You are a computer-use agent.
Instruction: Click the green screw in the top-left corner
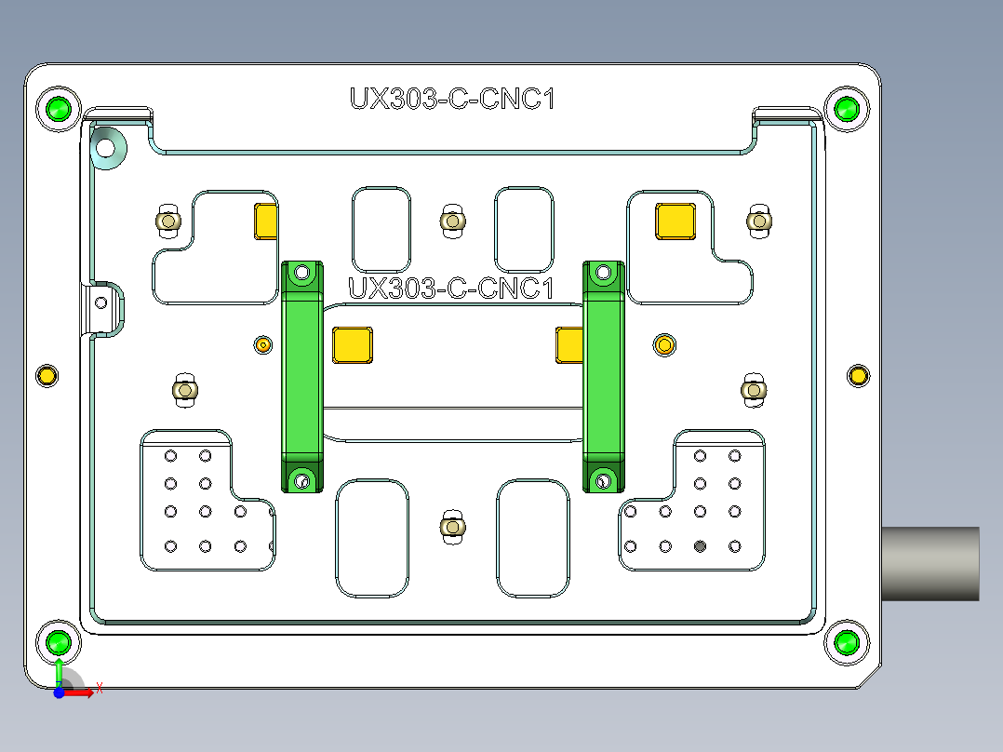pos(60,109)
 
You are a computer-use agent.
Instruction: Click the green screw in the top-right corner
pos(847,109)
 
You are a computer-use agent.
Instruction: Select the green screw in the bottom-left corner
pos(60,642)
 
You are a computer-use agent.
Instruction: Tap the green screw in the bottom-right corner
pos(847,642)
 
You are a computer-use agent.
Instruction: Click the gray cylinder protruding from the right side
pos(929,563)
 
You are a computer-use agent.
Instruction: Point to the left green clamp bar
pos(301,376)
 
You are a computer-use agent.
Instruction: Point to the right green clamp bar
pos(603,376)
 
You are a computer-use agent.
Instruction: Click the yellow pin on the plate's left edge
pos(47,376)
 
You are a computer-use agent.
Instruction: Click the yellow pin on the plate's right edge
pos(858,376)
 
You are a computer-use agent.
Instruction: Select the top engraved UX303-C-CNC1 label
pos(452,99)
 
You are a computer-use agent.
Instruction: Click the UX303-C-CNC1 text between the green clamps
pos(451,289)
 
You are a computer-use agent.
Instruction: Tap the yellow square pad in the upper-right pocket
pos(675,221)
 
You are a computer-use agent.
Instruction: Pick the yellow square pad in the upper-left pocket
pos(266,221)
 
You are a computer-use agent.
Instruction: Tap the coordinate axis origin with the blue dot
pos(59,692)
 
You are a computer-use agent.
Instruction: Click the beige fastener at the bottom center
pos(452,527)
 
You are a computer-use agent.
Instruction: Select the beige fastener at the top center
pos(451,221)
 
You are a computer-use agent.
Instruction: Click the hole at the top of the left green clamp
pos(301,274)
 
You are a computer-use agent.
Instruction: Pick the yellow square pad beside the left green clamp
pos(353,344)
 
